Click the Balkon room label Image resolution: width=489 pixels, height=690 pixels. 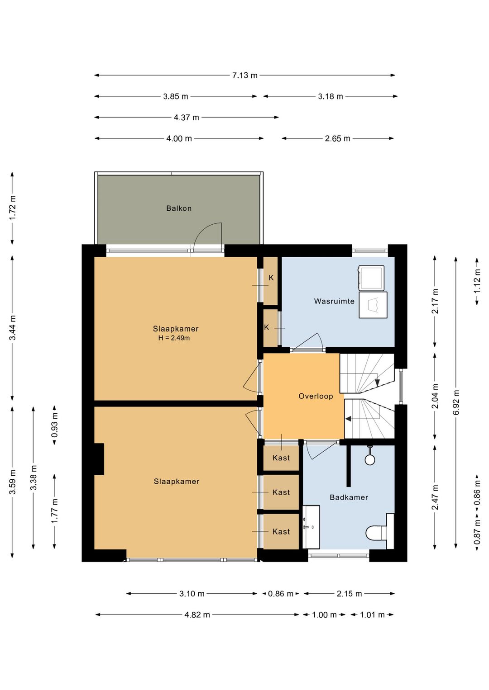[179, 208]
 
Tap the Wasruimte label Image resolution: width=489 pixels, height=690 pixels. [334, 301]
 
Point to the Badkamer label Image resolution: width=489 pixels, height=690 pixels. [349, 497]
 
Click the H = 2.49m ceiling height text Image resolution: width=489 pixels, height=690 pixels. [174, 338]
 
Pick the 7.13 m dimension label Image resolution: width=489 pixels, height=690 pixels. [244, 76]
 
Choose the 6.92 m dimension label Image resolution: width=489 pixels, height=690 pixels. [456, 402]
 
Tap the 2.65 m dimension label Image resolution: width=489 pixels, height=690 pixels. [337, 139]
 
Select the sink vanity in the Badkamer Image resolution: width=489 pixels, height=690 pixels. [311, 527]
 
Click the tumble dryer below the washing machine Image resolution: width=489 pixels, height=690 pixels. [373, 305]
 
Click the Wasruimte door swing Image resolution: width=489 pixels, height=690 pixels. [308, 342]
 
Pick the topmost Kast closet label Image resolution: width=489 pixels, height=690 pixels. [281, 458]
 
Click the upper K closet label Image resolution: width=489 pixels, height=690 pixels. [271, 278]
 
